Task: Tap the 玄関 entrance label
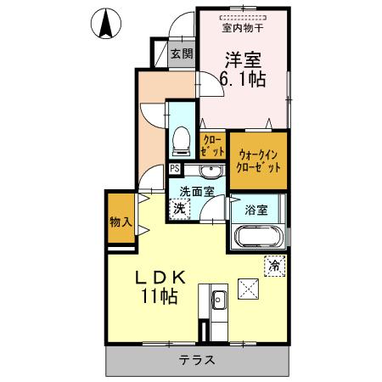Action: pos(181,54)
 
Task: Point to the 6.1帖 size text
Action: pos(244,80)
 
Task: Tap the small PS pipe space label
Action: pos(174,168)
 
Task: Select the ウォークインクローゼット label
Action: pos(259,160)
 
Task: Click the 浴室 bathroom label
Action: pos(256,209)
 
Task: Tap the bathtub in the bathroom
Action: pos(259,237)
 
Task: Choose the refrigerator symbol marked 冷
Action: pos(273,265)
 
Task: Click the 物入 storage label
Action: pos(120,222)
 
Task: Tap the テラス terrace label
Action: pos(196,360)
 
